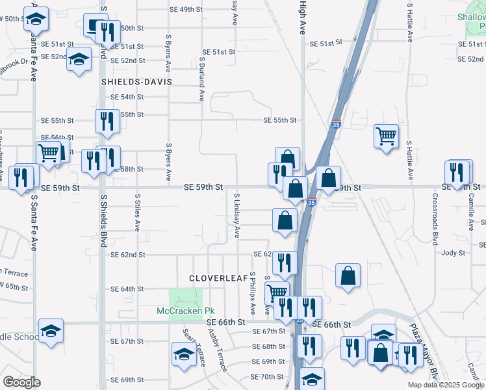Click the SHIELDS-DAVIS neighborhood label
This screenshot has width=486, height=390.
[136, 83]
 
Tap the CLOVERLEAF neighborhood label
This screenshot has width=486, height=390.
[218, 278]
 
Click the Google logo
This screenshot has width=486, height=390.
[21, 382]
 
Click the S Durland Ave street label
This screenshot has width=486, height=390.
[201, 79]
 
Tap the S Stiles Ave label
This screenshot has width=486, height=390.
[138, 212]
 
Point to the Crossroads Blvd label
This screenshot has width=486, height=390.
[434, 218]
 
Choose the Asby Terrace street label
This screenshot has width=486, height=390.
[217, 350]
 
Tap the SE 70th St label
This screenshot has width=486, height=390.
[267, 377]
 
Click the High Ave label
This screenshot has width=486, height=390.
[302, 18]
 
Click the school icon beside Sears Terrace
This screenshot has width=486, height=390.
[184, 355]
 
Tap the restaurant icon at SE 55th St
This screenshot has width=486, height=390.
[106, 120]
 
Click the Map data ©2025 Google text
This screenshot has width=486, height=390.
[446, 385]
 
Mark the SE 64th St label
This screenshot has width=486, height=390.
[127, 289]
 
